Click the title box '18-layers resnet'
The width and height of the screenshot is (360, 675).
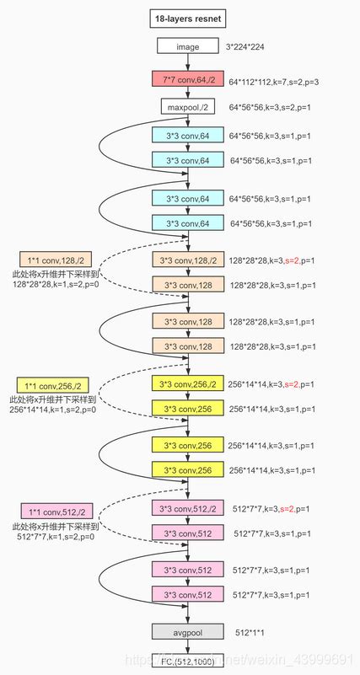(187, 17)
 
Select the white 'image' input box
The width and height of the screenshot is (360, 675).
(187, 46)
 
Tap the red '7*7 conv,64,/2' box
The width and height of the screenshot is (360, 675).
(187, 80)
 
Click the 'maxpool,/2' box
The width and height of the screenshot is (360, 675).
(187, 107)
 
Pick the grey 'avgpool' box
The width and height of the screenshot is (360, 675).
(187, 631)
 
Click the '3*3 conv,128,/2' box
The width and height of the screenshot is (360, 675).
(187, 260)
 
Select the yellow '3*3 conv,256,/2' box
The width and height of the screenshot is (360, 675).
(187, 383)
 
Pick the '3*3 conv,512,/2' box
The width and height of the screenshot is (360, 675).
(187, 508)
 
